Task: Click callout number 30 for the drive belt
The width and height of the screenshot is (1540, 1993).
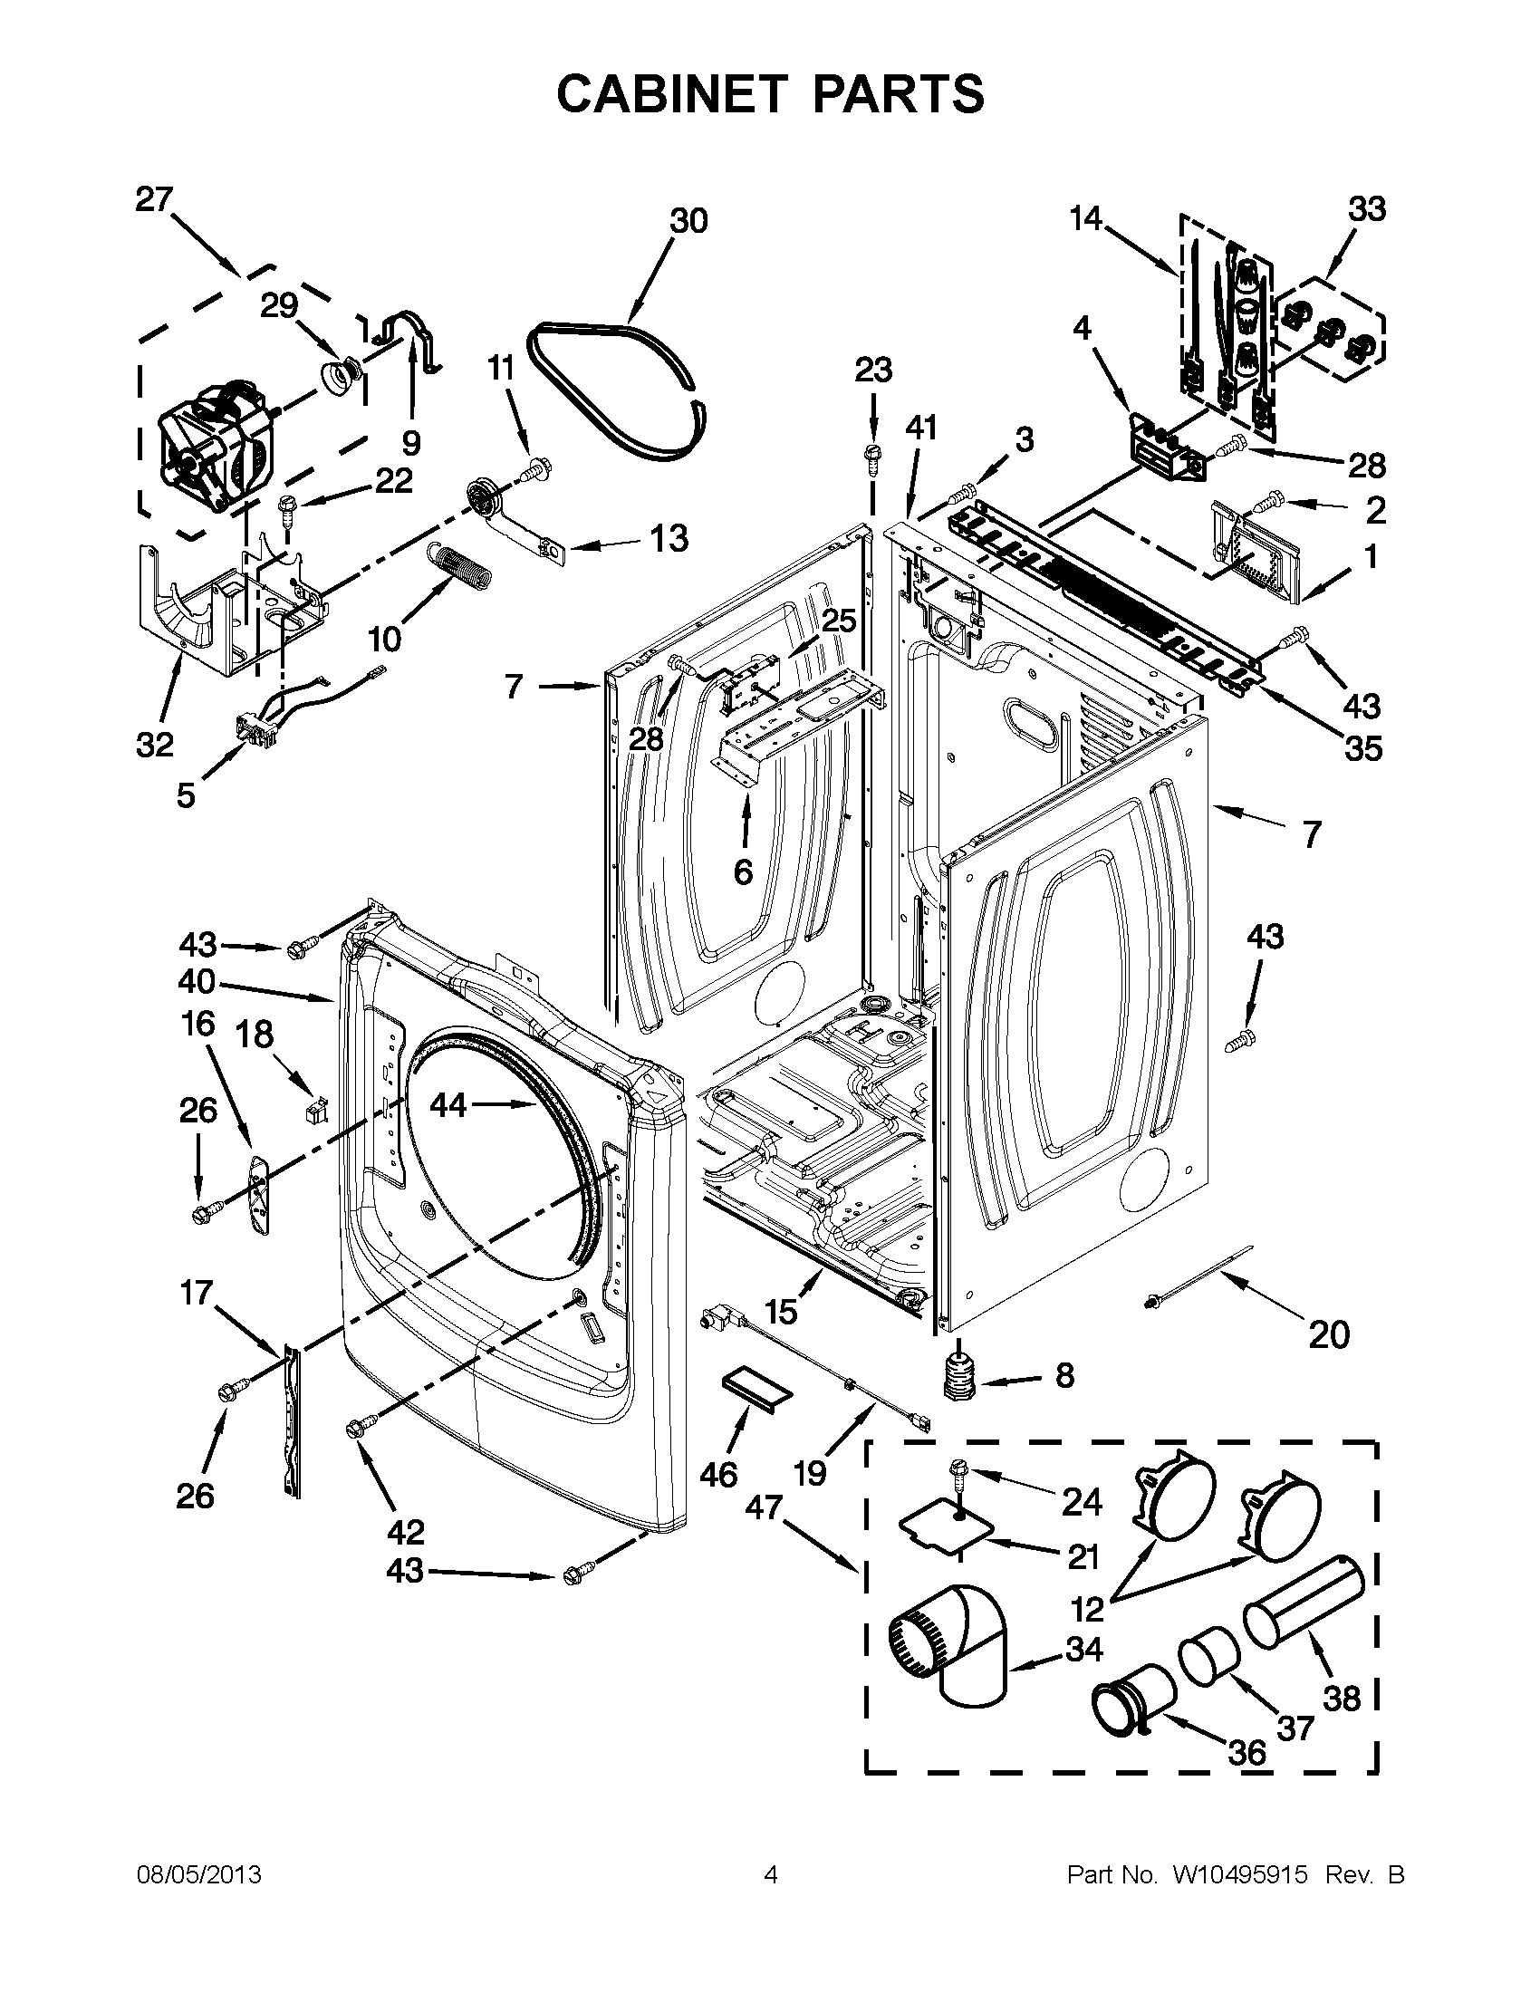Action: (688, 221)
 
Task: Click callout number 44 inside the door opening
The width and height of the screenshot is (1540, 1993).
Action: (448, 1105)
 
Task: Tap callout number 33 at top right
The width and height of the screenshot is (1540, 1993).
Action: (1367, 209)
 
